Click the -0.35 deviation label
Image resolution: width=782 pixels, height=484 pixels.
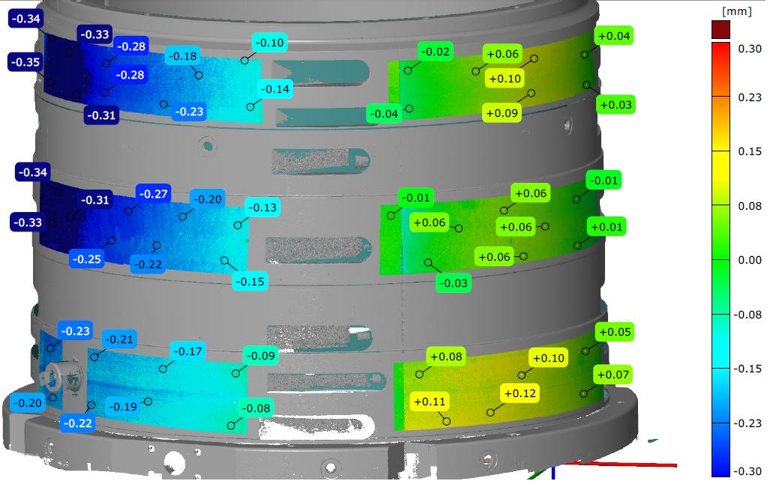[x=25, y=62]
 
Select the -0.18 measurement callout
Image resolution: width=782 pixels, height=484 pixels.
[x=182, y=56]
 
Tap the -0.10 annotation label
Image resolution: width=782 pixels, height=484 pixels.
[x=269, y=43]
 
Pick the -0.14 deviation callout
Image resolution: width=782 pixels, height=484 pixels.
[x=275, y=89]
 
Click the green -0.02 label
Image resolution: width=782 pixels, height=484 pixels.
[x=436, y=52]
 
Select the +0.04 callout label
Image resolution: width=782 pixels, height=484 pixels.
[x=614, y=36]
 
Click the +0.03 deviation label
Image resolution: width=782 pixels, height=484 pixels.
[x=616, y=105]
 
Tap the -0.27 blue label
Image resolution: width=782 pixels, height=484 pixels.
[x=153, y=194]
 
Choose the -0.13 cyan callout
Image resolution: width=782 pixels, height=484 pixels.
[x=262, y=208]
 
